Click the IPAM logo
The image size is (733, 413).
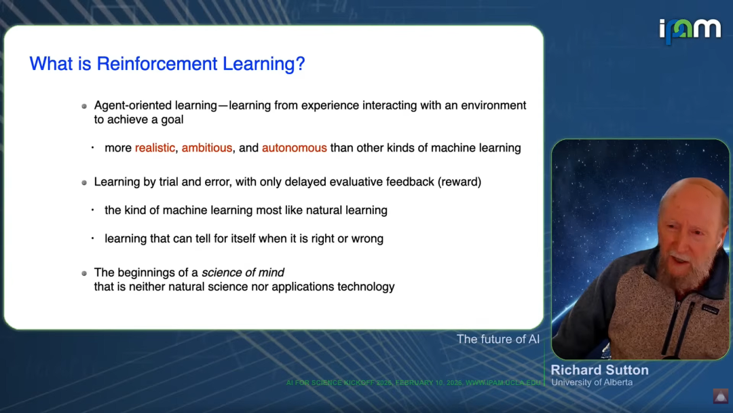690,31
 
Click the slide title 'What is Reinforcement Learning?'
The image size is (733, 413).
167,64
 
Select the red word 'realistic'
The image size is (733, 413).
155,148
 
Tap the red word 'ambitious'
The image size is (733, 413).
206,148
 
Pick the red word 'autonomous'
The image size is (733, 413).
294,148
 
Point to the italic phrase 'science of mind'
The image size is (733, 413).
242,272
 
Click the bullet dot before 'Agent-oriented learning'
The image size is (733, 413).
84,106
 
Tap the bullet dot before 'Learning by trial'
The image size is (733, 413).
84,183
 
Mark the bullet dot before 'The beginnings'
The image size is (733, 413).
84,273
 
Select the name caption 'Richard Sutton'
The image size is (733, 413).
600,370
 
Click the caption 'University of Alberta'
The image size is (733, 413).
592,382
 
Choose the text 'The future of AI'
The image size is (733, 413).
498,339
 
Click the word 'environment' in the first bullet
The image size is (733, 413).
493,105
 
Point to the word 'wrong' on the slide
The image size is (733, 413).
367,238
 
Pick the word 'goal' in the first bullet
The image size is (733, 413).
172,120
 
